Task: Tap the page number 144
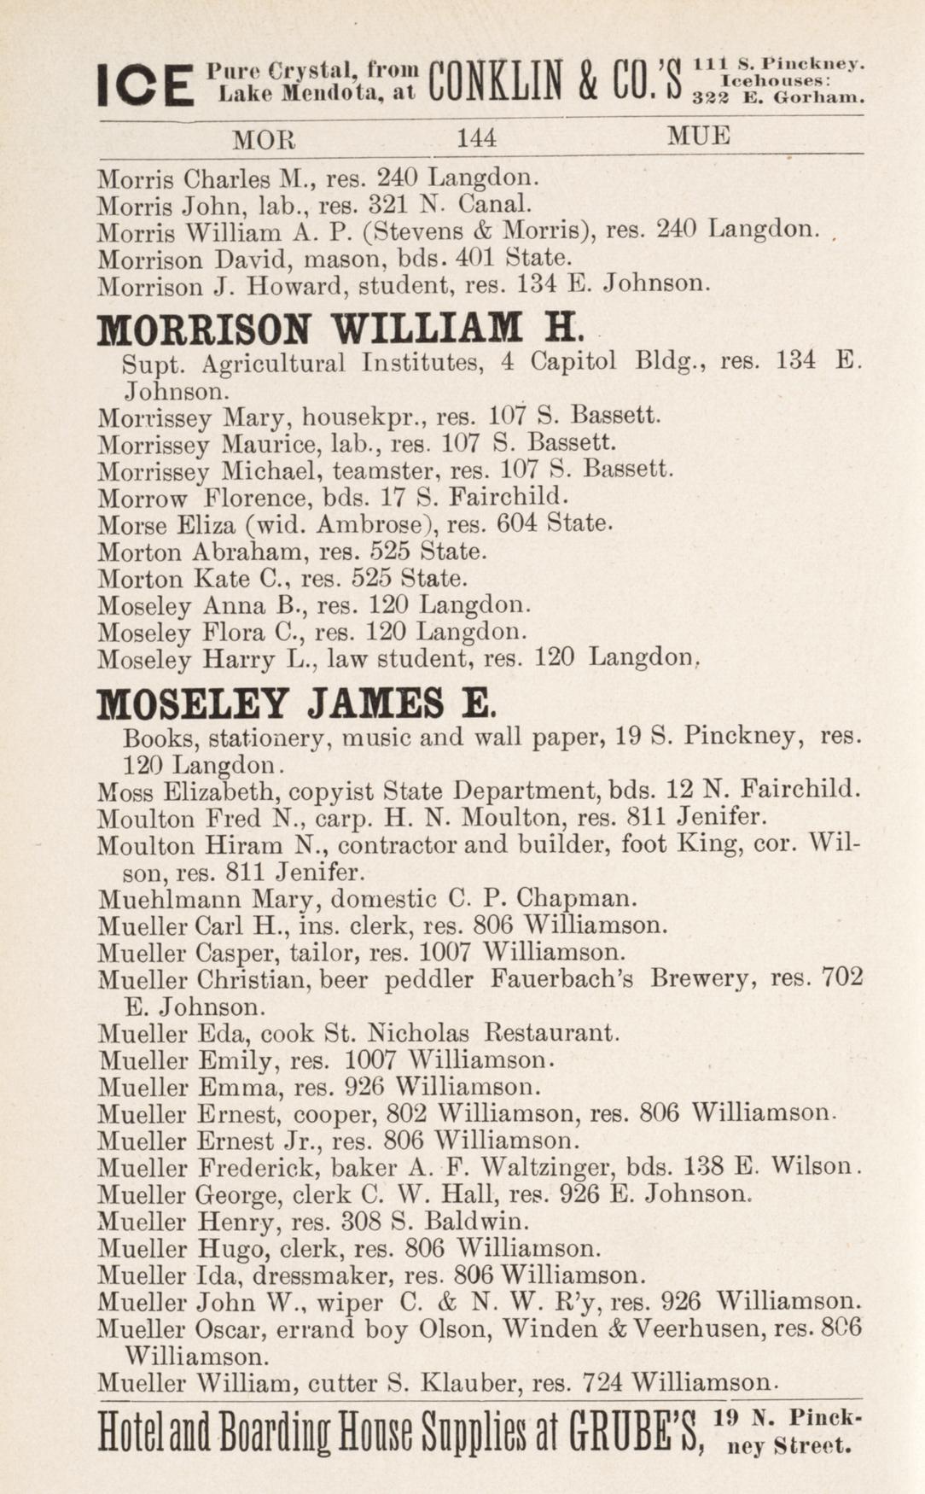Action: click(x=476, y=138)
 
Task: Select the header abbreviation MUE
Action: click(x=699, y=137)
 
